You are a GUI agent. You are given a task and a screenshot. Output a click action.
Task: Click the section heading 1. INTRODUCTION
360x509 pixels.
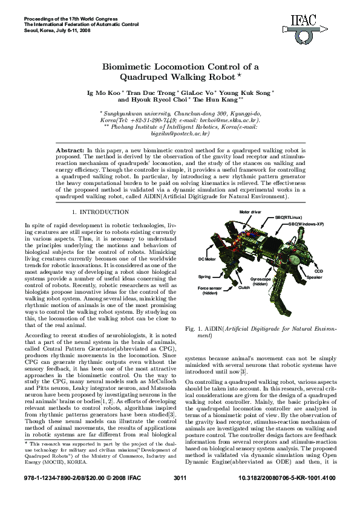coord(100,212)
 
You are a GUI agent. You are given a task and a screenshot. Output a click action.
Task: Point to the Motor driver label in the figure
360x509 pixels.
coord(250,213)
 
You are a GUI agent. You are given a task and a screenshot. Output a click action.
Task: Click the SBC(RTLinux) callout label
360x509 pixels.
coord(289,216)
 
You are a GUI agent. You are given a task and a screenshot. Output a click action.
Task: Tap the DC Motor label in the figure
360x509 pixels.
coord(207,259)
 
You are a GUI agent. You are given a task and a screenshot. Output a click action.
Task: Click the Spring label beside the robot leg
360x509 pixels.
coord(205,276)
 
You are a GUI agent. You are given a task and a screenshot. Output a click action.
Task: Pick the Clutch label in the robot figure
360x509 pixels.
coord(244,288)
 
